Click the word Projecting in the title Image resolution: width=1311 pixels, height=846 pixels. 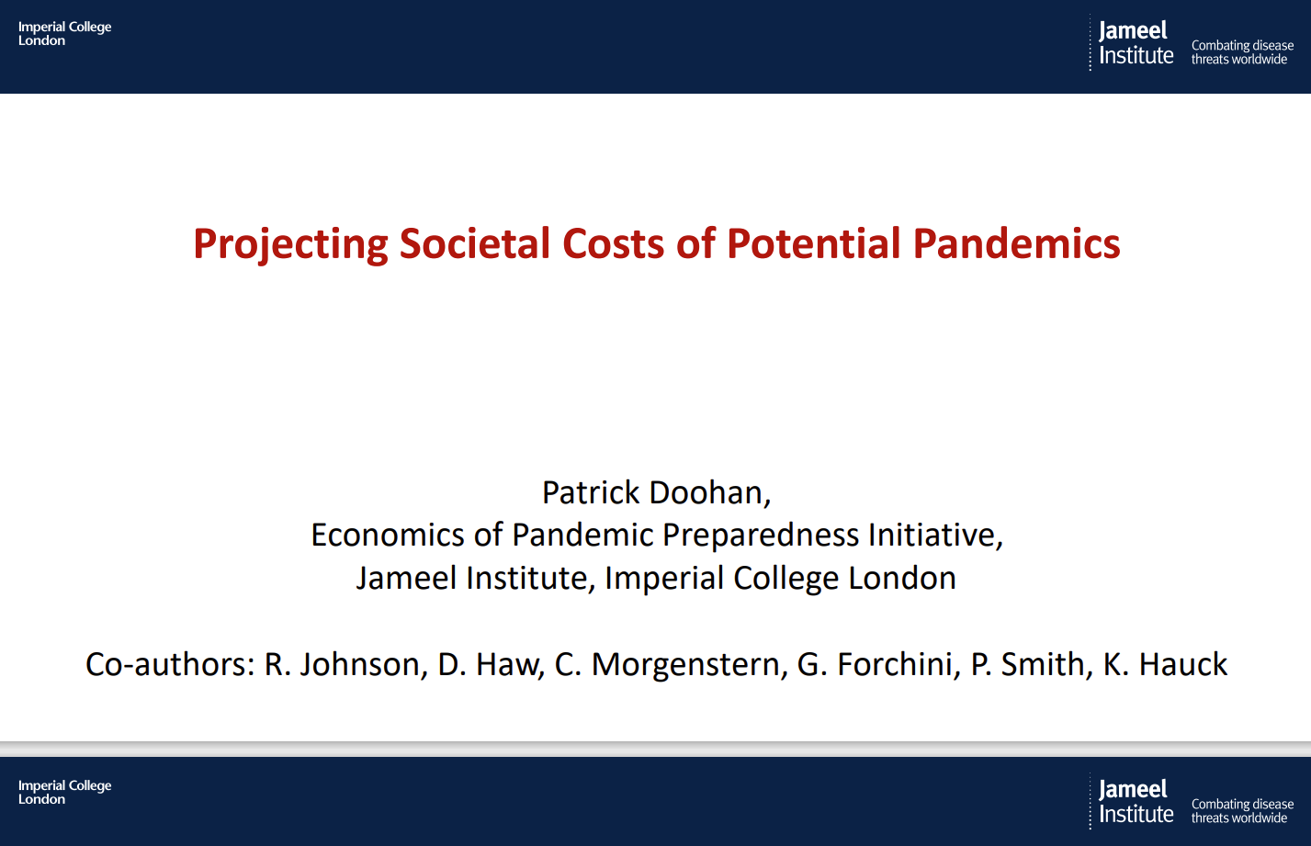(x=290, y=244)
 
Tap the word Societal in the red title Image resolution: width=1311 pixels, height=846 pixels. (x=474, y=244)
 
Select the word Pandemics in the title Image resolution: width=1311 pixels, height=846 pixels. (x=1017, y=244)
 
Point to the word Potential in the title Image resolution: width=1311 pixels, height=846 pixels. (x=814, y=244)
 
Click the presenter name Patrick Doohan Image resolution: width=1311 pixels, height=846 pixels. (x=656, y=492)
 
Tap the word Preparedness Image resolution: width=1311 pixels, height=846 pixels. (x=762, y=535)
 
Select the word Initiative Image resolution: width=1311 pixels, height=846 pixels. (x=935, y=535)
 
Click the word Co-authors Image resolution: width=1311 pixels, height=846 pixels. (x=170, y=664)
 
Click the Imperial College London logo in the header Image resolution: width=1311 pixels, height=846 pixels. (x=64, y=34)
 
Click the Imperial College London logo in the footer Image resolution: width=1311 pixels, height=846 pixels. (x=64, y=793)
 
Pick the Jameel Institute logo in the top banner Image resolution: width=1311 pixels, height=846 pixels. (x=1136, y=43)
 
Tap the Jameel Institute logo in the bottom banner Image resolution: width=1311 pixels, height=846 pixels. (x=1136, y=802)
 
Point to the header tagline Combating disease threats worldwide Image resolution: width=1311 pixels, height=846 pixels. (x=1242, y=52)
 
